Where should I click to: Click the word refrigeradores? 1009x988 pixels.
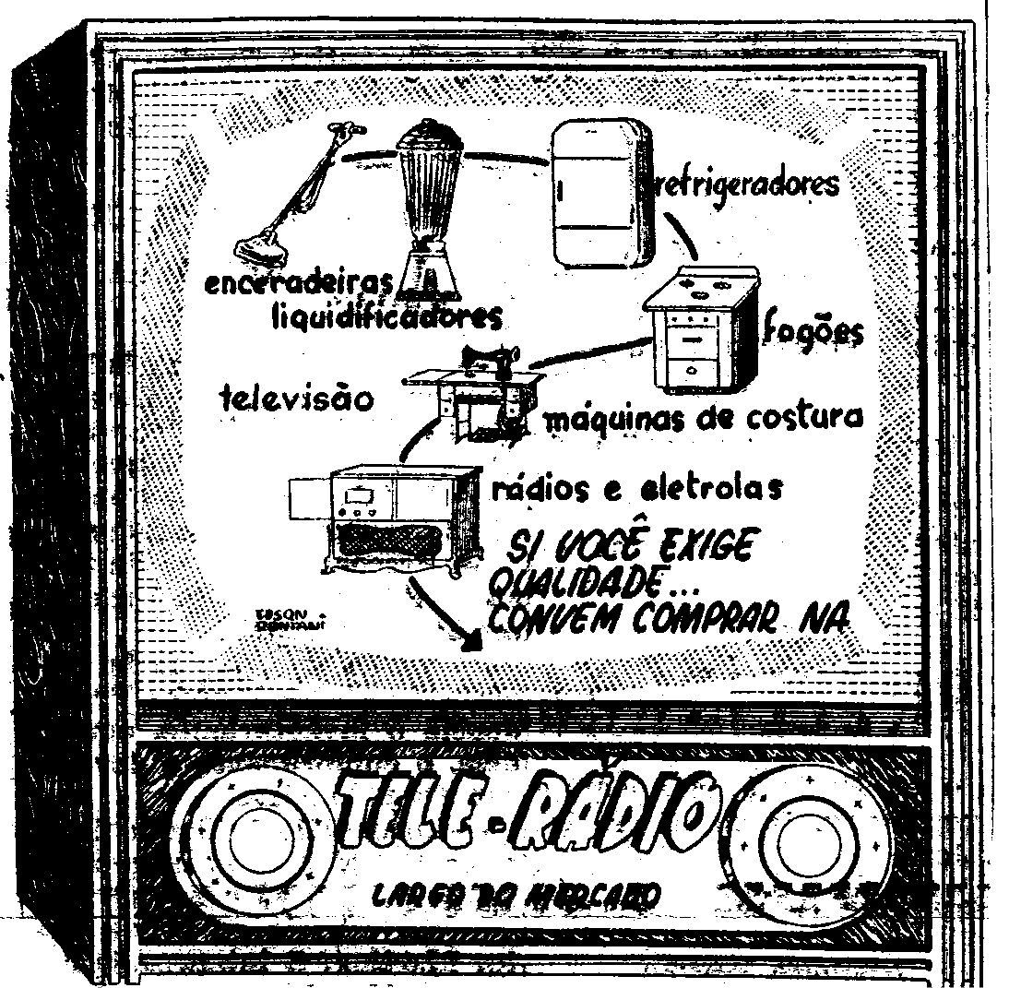coord(745,183)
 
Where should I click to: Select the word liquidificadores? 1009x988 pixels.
coord(387,317)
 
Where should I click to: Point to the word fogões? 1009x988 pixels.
coord(814,333)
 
